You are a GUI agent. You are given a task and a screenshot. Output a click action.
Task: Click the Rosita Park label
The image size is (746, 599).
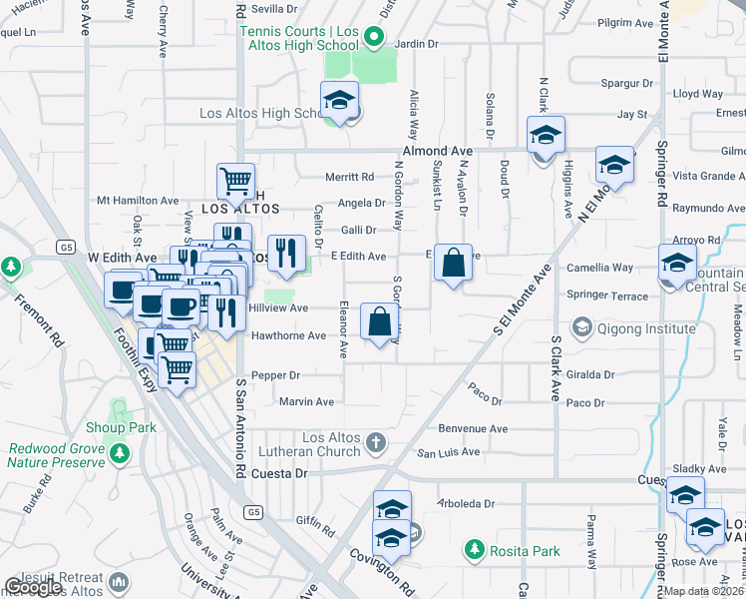[x=526, y=551]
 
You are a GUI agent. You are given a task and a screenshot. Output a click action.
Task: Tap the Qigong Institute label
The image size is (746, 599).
[x=644, y=327]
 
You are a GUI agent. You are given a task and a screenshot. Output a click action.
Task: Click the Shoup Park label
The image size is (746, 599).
[x=129, y=427]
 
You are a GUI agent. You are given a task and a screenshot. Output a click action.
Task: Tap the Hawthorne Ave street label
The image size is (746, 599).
[x=288, y=335]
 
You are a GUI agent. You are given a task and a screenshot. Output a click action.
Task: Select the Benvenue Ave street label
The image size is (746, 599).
[x=474, y=429]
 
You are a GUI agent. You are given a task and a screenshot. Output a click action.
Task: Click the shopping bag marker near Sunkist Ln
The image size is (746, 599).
[x=453, y=265]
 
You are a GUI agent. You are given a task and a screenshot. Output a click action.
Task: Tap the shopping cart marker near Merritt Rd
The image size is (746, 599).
[x=235, y=182]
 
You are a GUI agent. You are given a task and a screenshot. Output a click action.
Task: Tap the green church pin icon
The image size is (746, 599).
[x=376, y=441]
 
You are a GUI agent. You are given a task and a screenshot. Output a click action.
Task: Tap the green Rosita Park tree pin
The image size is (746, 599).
[x=475, y=550]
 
